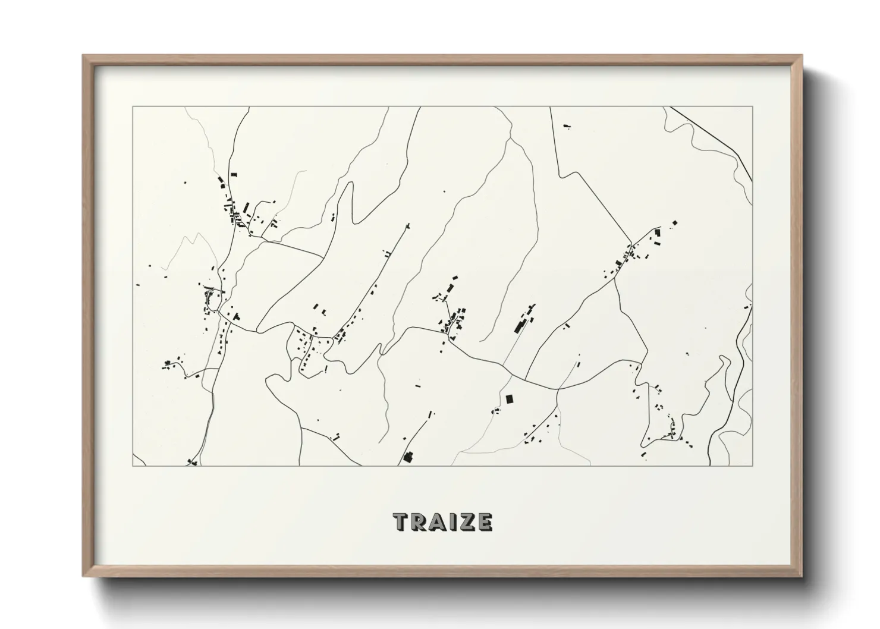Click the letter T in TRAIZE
401,522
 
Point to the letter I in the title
449,522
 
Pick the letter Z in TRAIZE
464,522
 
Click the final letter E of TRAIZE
484,522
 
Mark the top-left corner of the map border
133,107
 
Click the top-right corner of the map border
753,107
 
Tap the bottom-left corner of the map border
133,466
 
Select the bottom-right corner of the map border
753,466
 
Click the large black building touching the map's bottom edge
408,457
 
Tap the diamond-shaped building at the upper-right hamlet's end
675,223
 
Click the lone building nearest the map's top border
565,126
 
